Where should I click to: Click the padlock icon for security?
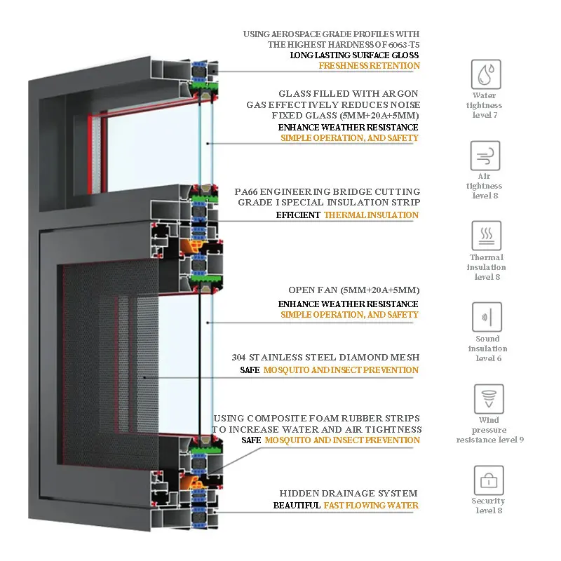(x=488, y=480)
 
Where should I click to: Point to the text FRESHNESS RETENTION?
(x=369, y=66)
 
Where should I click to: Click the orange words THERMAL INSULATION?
(x=371, y=215)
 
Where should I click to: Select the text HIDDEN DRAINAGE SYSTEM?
(x=349, y=494)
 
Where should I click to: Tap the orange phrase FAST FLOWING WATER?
(x=371, y=506)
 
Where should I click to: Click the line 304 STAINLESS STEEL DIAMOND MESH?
(x=325, y=358)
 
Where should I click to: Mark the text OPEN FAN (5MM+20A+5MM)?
(x=354, y=290)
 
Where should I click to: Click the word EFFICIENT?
(x=298, y=215)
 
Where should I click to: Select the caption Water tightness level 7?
(x=485, y=105)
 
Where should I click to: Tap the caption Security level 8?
(x=488, y=506)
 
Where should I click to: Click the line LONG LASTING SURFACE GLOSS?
(x=354, y=55)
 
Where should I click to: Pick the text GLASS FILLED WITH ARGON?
(x=349, y=93)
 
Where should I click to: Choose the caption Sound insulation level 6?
(x=488, y=349)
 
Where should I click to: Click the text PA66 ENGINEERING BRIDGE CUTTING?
(x=328, y=191)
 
